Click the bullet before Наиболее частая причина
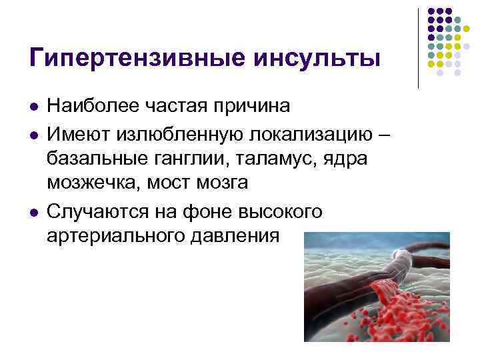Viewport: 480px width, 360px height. point(33,107)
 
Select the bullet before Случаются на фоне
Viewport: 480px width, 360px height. point(33,211)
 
